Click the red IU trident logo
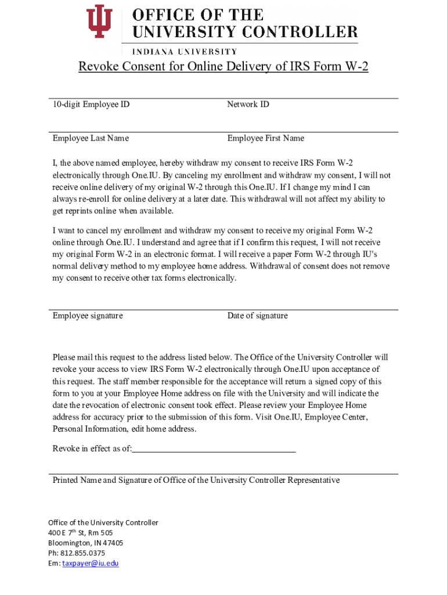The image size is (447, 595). pyautogui.click(x=99, y=23)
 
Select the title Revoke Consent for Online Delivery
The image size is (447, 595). pyautogui.click(x=223, y=67)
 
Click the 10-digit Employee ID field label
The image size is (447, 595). pyautogui.click(x=91, y=105)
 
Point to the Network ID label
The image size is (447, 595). pyautogui.click(x=248, y=105)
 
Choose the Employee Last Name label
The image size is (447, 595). pyautogui.click(x=91, y=138)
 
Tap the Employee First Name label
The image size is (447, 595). pyautogui.click(x=265, y=138)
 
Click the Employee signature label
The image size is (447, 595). pyautogui.click(x=88, y=316)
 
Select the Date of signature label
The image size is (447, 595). pyautogui.click(x=257, y=316)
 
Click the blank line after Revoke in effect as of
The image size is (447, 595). pyautogui.click(x=214, y=450)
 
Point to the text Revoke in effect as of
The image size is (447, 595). pyautogui.click(x=92, y=449)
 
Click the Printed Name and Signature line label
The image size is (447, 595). pyautogui.click(x=196, y=481)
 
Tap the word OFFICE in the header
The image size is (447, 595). pyautogui.click(x=158, y=15)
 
